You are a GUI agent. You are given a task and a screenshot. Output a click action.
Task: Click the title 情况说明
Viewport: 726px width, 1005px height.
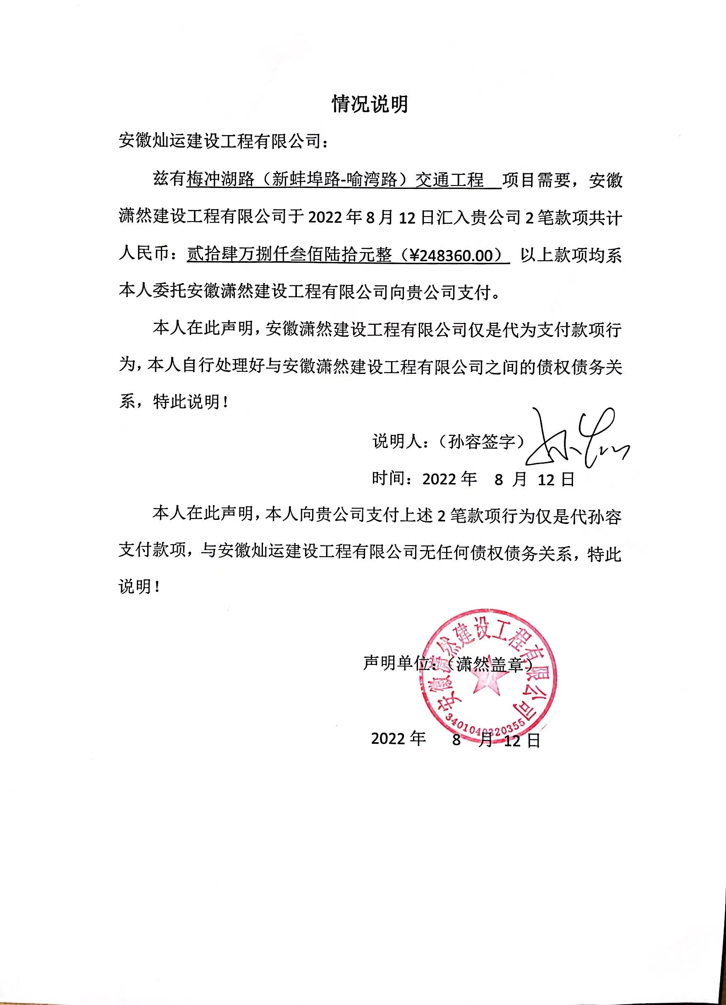[x=370, y=105]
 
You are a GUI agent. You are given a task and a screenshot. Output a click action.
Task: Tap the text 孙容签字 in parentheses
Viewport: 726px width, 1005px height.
[x=481, y=442]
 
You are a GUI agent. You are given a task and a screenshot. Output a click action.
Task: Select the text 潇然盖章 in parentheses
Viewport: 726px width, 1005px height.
[x=490, y=664]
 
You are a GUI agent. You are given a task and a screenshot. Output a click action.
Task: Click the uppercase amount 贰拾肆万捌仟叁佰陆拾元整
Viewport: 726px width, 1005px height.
[x=289, y=256]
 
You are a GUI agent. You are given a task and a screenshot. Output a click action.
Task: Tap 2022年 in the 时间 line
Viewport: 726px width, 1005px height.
[x=449, y=479]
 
